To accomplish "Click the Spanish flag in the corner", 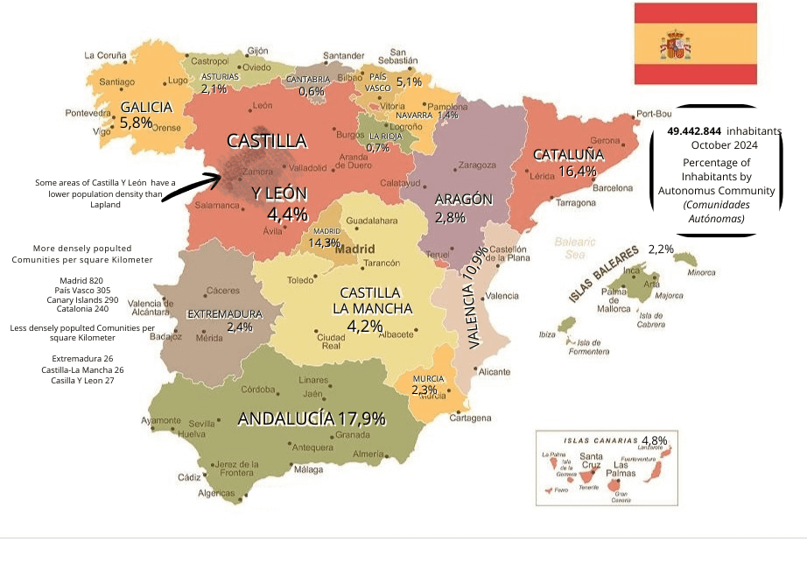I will [x=695, y=44].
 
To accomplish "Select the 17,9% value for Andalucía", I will [x=361, y=418].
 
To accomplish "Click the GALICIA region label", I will [x=146, y=108].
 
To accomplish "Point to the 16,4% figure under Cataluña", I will [x=577, y=172].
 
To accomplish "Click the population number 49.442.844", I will [x=694, y=130].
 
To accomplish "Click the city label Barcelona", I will [x=612, y=188].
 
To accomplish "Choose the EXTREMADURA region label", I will [x=225, y=313].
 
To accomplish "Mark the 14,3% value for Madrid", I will [x=324, y=242].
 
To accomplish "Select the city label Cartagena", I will [x=470, y=418].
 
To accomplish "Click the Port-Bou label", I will [x=654, y=114].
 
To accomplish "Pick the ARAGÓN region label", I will [x=463, y=199].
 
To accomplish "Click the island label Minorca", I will [x=701, y=272].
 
